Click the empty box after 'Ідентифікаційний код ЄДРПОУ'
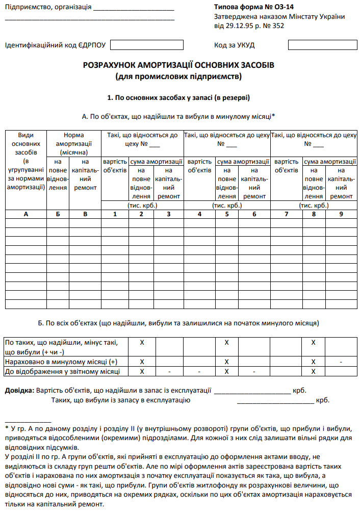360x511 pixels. [x=147, y=45]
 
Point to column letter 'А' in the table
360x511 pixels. [x=25, y=214]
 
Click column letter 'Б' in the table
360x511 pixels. [x=58, y=214]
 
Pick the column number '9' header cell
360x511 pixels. [x=341, y=214]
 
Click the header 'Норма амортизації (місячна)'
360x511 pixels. [x=74, y=143]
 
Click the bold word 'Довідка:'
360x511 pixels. [x=19, y=391]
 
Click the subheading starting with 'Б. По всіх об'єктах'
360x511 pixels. [x=179, y=323]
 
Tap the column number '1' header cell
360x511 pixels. [x=115, y=214]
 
